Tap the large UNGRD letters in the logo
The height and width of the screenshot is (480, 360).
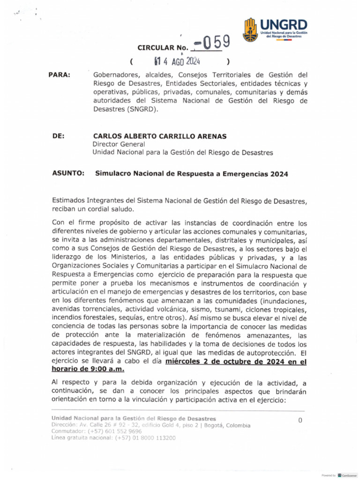pyautogui.click(x=284, y=24)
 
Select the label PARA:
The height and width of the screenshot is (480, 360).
pyautogui.click(x=59, y=75)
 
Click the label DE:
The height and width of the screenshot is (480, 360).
pyautogui.click(x=58, y=136)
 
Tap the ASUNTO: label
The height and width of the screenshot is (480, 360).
pyautogui.click(x=68, y=173)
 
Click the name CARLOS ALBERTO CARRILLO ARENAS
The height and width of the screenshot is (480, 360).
pyautogui.click(x=159, y=136)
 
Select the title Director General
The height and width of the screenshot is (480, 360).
pyautogui.click(x=119, y=144)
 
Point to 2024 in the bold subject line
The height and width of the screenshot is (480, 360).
pyautogui.click(x=279, y=173)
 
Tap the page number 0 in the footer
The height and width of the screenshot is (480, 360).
pyautogui.click(x=300, y=420)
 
